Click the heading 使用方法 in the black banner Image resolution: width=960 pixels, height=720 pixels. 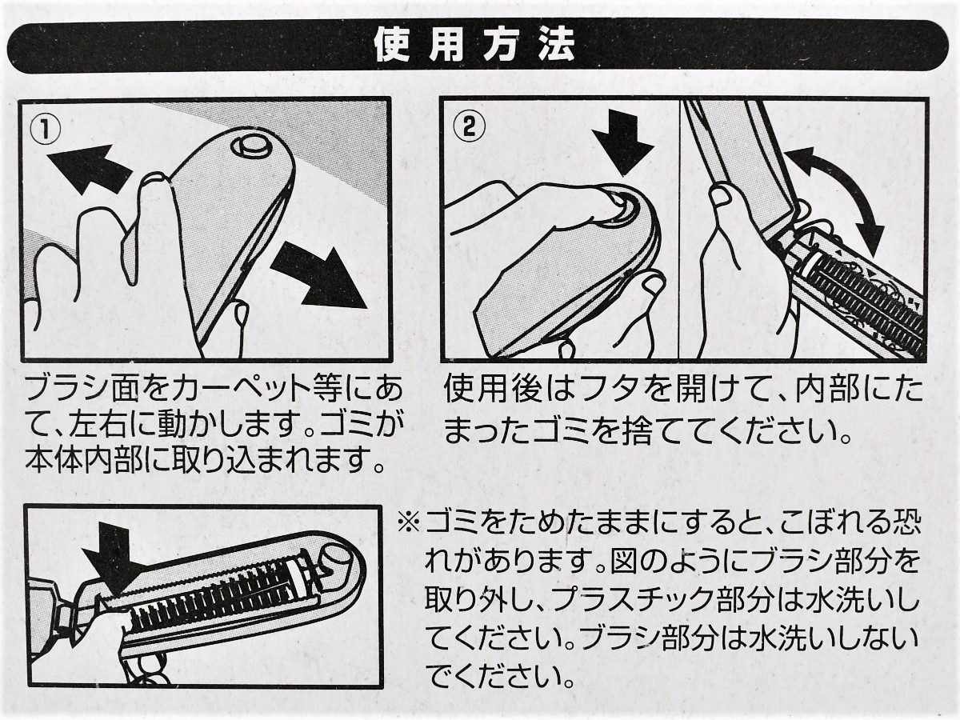click(474, 46)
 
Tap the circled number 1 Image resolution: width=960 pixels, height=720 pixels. click(46, 131)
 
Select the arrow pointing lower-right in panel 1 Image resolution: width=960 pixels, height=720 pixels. click(318, 278)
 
